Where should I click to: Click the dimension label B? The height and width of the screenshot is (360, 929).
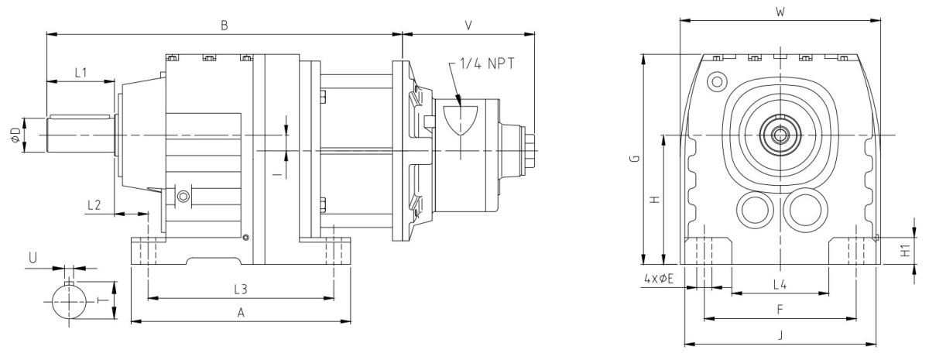pos(224,25)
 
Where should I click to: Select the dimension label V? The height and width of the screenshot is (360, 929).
pos(468,25)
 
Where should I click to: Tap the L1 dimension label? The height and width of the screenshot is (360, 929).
pos(81,72)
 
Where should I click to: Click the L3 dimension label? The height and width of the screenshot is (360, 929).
pos(241,289)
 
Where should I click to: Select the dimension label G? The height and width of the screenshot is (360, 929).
pos(633,159)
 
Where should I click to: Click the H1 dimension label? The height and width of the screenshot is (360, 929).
pos(904,250)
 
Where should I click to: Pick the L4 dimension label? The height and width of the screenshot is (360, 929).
pos(780,284)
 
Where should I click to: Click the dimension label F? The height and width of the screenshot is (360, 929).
pos(780,309)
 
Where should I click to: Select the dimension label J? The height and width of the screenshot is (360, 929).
pos(780,335)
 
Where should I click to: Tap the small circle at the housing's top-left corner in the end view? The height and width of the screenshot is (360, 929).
pos(717,80)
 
